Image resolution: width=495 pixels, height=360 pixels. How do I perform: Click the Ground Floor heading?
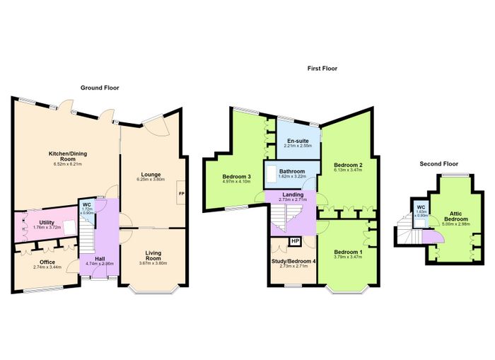click(100, 88)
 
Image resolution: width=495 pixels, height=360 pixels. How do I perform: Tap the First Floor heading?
click(322, 68)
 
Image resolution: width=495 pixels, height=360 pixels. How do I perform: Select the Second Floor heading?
click(439, 163)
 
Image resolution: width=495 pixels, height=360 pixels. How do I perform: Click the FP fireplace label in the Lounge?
click(182, 193)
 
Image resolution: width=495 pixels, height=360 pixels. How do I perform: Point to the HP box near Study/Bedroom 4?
click(295, 241)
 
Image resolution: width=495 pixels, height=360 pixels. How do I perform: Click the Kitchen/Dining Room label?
click(68, 156)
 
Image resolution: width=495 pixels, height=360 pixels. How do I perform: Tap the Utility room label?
click(47, 223)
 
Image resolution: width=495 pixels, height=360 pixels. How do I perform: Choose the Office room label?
click(47, 262)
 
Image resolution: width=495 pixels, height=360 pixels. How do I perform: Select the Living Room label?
click(153, 255)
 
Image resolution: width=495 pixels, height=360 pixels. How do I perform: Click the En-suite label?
click(298, 141)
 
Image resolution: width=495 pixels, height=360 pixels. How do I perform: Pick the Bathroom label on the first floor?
click(292, 171)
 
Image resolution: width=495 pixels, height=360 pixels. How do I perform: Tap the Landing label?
click(293, 194)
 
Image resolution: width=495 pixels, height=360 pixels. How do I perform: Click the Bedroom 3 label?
click(236, 177)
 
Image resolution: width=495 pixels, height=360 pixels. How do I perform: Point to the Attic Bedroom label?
click(456, 216)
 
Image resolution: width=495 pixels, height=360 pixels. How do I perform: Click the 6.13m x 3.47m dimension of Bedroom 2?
click(348, 170)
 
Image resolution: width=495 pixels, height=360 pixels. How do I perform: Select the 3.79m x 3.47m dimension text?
click(348, 257)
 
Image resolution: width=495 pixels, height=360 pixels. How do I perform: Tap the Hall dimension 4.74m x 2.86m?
click(100, 264)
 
